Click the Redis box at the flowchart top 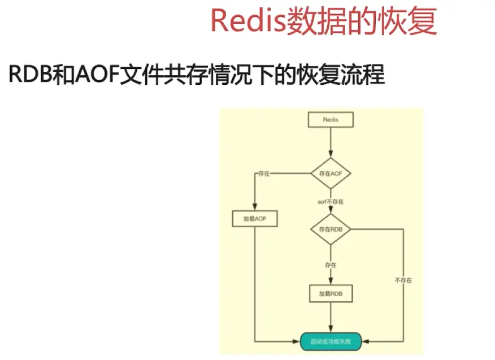(331, 120)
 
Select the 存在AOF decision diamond (331, 173)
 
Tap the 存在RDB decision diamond (331, 229)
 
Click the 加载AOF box (254, 219)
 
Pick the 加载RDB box (331, 294)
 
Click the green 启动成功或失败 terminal (331, 341)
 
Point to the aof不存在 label (331, 201)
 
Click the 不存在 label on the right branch (403, 280)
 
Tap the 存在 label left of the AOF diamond (263, 174)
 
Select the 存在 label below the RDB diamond (331, 264)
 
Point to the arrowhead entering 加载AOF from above (254, 207)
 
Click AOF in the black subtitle (95, 75)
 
